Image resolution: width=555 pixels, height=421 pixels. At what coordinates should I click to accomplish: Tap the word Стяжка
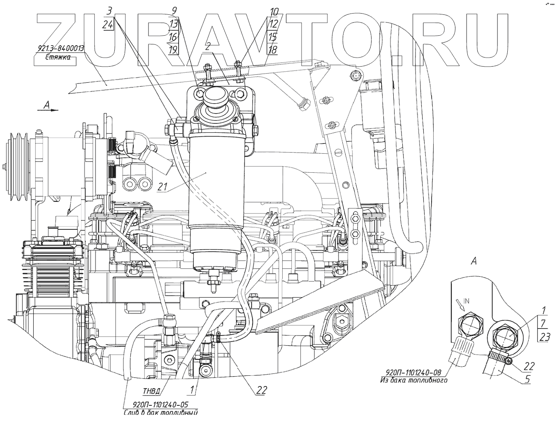coord(57,57)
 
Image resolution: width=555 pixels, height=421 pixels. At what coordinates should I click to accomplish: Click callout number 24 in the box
coord(108,25)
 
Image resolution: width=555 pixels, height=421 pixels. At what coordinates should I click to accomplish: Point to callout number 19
coord(173,50)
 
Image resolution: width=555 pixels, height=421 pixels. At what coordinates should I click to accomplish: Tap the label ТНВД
coord(152,390)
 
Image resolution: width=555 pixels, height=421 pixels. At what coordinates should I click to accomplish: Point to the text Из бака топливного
coord(413,380)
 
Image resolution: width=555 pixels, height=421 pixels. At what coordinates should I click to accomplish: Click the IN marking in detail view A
coord(466,301)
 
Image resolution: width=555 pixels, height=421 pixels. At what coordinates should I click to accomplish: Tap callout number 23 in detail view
coord(545,338)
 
